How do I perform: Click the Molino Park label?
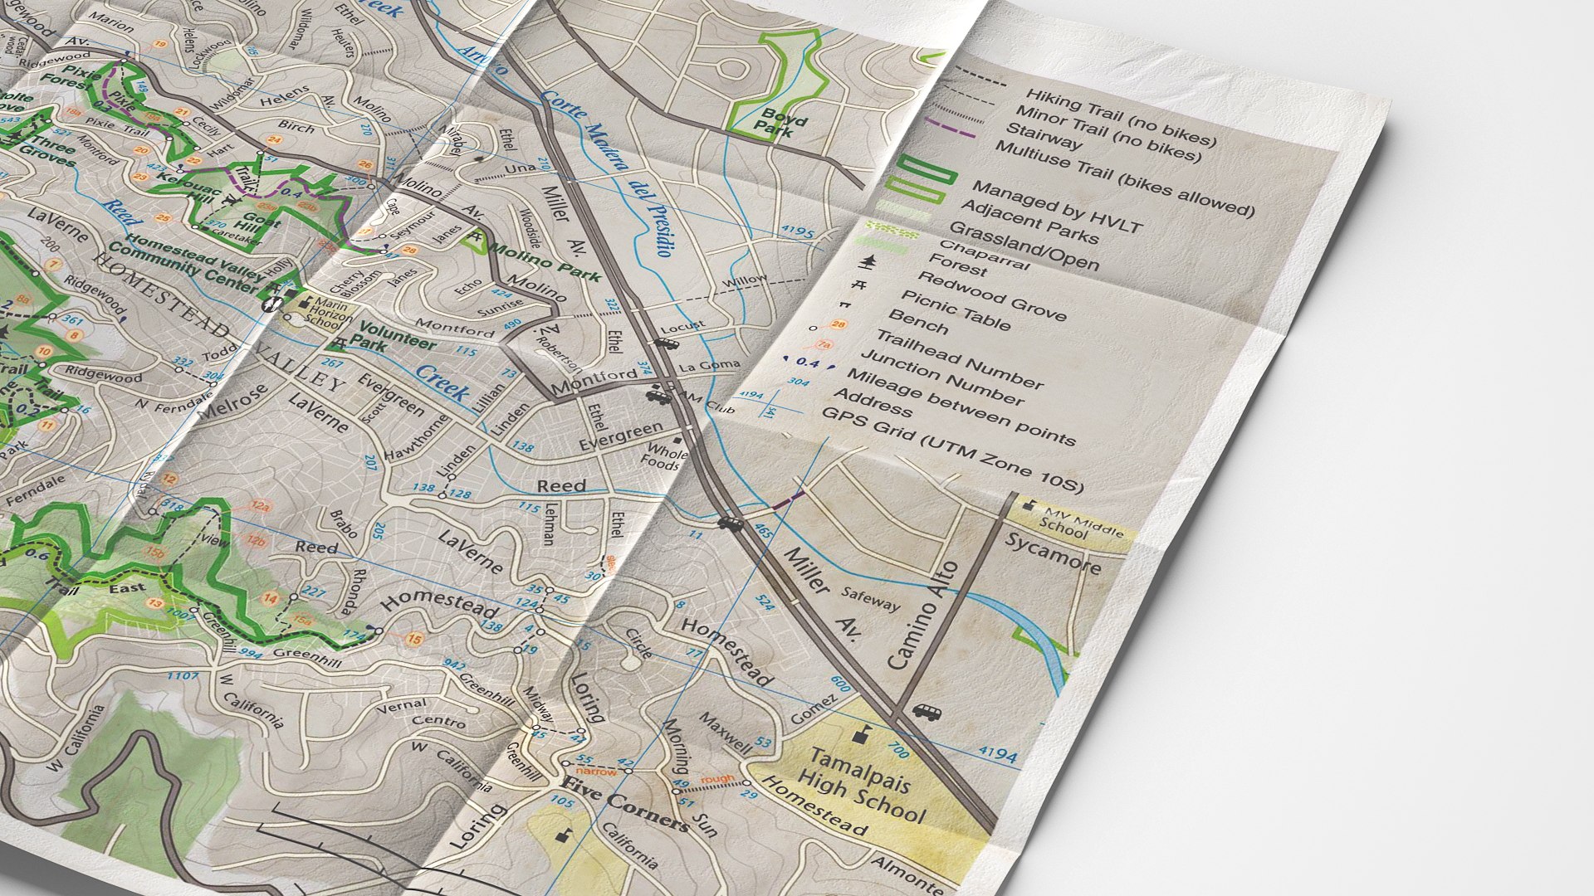click(x=544, y=262)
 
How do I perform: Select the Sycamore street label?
click(x=1053, y=553)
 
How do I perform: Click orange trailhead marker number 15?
click(x=414, y=639)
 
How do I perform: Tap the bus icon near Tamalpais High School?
click(x=926, y=712)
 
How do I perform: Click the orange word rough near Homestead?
click(x=717, y=779)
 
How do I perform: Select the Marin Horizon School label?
click(x=321, y=314)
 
